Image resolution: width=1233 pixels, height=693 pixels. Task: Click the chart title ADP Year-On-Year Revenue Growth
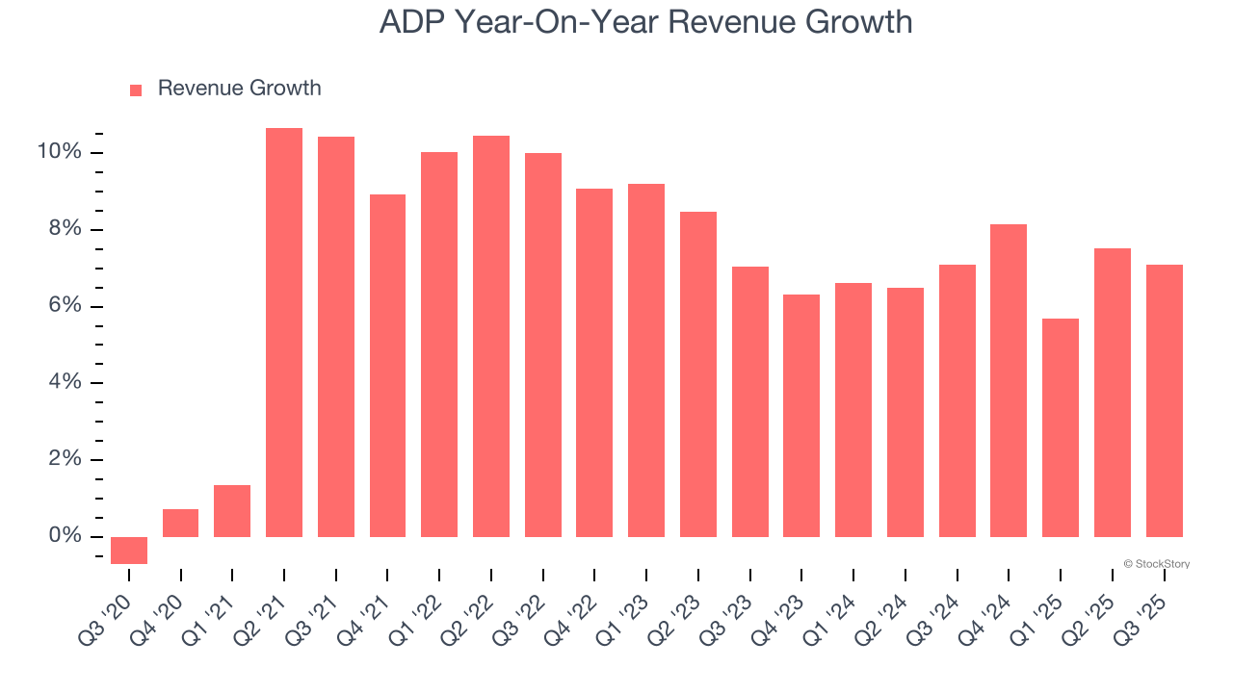645,22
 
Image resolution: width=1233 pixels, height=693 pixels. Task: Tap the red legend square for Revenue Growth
136,90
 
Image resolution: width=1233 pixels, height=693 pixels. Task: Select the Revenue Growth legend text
239,89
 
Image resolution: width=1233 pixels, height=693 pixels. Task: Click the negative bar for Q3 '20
129,550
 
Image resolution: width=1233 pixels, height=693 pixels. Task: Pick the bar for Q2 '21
284,332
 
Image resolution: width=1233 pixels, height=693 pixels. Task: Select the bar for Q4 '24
1009,380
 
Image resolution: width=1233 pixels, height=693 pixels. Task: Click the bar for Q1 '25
1061,427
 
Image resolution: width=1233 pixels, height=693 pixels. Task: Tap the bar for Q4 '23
801,415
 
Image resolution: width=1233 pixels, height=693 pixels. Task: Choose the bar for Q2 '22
491,336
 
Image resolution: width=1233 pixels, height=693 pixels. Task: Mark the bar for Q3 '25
1164,400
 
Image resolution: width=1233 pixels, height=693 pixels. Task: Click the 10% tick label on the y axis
59,152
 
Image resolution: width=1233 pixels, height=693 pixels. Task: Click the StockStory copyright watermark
1156,564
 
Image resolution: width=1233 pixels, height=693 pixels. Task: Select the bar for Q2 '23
698,373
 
